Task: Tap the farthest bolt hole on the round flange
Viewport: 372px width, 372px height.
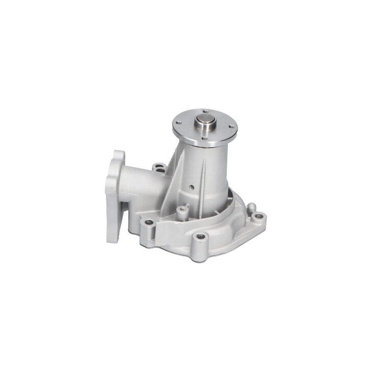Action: click(205, 112)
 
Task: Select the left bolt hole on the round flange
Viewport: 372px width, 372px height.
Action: click(178, 122)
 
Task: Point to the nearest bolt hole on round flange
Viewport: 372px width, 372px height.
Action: click(204, 138)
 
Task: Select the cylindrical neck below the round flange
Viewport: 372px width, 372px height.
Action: click(207, 165)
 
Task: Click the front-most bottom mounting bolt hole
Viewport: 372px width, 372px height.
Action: click(201, 236)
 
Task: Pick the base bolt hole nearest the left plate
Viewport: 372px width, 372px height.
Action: click(149, 222)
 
